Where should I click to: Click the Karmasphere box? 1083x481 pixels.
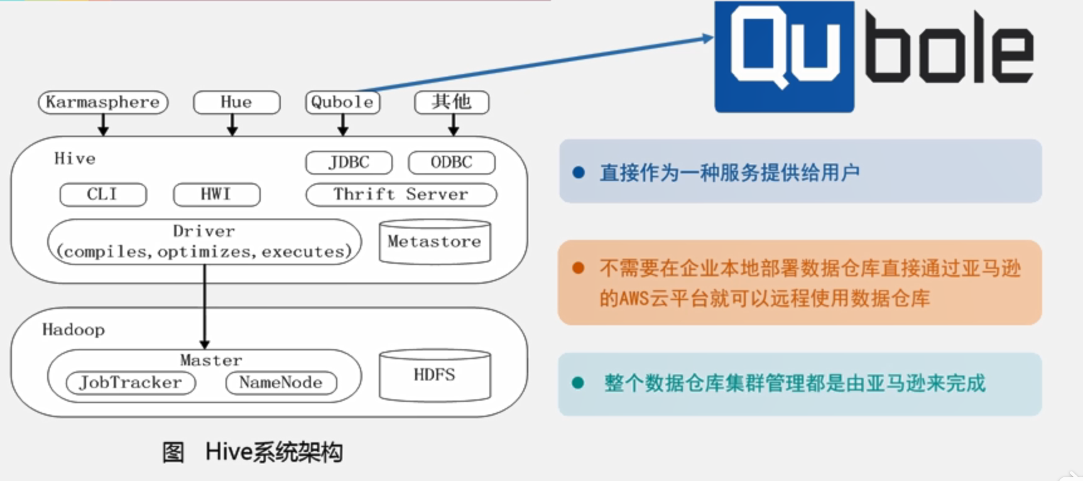pos(103,102)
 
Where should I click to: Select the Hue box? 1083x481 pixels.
pos(236,102)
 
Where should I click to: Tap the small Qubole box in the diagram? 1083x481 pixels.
pos(342,102)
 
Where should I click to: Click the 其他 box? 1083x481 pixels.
pos(452,102)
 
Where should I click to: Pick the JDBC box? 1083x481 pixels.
pos(349,163)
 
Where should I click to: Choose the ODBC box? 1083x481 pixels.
pos(451,163)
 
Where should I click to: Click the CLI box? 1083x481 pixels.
pos(103,195)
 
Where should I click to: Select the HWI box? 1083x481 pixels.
pos(216,195)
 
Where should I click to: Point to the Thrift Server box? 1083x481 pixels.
pos(401,195)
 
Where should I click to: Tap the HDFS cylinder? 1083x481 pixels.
pos(435,375)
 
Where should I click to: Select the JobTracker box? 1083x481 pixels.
pos(131,382)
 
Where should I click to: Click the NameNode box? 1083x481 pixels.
pos(281,382)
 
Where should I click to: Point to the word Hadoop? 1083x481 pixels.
pos(73,330)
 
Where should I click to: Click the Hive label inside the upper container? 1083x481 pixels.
pos(75,158)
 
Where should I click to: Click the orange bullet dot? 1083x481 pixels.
pos(579,269)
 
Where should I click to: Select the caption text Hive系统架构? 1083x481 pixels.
pos(274,452)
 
